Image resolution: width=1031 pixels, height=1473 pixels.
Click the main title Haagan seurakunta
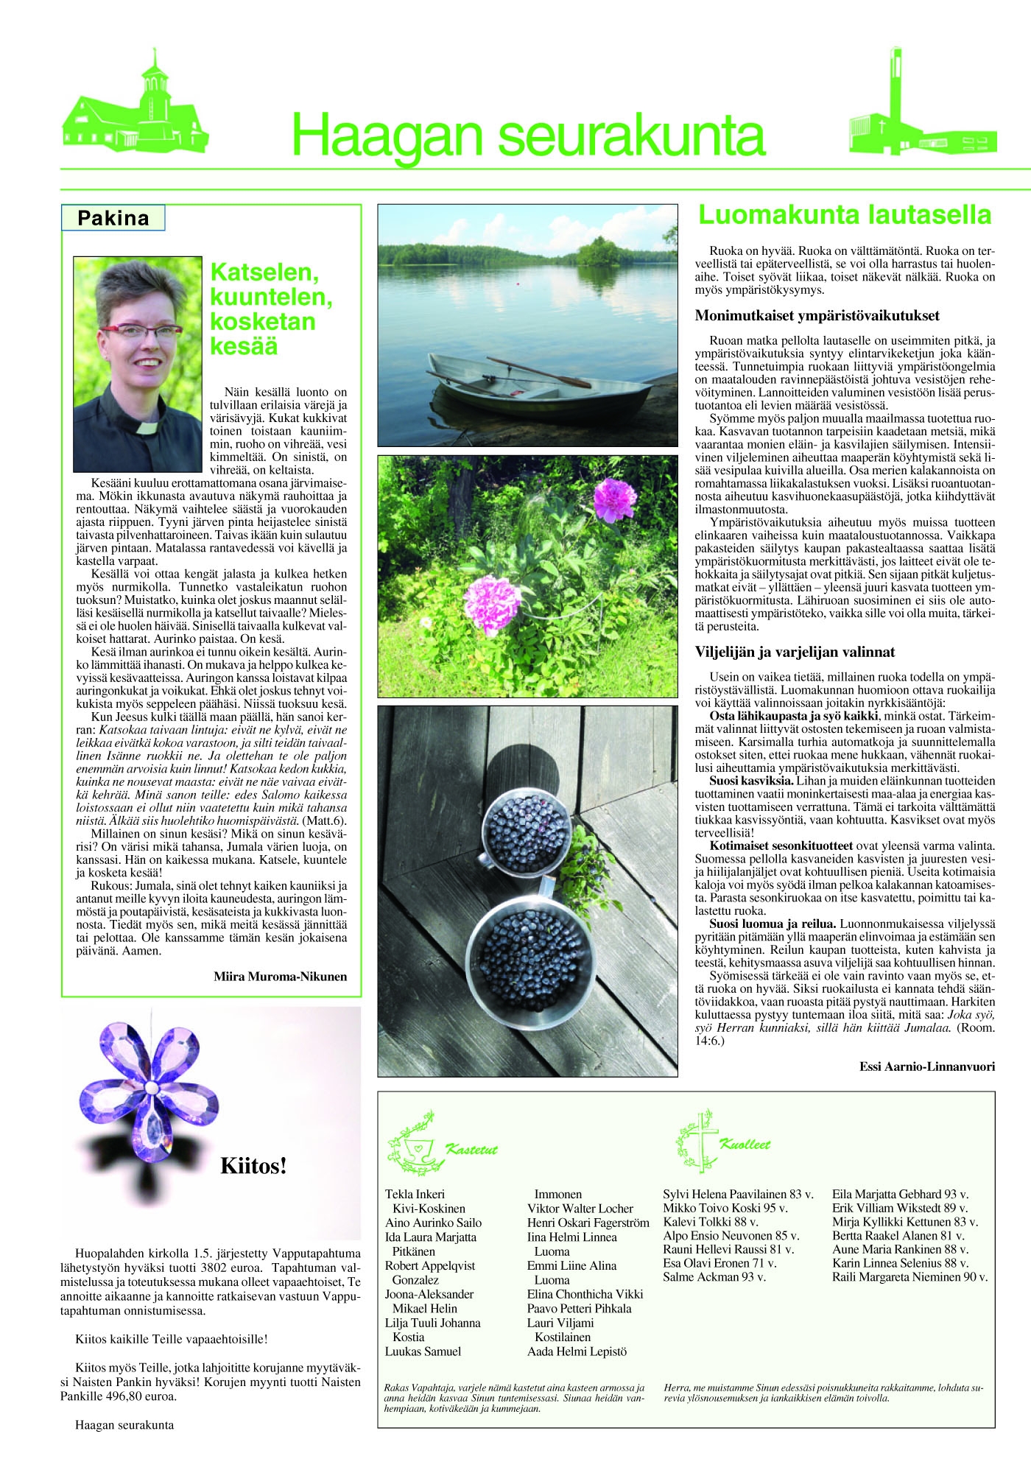pyautogui.click(x=528, y=136)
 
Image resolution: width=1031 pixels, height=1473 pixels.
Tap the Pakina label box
pyautogui.click(x=113, y=218)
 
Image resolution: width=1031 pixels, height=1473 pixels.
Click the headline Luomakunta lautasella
pyautogui.click(x=844, y=215)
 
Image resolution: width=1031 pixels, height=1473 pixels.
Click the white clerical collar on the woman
pyautogui.click(x=147, y=426)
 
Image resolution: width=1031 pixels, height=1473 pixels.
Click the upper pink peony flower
pyautogui.click(x=613, y=499)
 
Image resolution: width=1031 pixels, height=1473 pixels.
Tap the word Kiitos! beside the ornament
pyautogui.click(x=253, y=1165)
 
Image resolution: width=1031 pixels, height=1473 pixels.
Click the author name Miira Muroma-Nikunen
pyautogui.click(x=280, y=977)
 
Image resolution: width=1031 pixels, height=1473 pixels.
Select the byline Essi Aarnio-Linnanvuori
pyautogui.click(x=926, y=1066)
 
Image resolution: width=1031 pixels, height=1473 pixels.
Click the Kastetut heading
pyautogui.click(x=471, y=1149)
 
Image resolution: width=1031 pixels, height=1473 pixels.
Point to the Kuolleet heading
pyautogui.click(x=745, y=1145)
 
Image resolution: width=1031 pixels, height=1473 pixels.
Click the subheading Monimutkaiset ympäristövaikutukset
pyautogui.click(x=817, y=316)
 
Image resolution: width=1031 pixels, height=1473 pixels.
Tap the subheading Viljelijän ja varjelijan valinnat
pyautogui.click(x=795, y=652)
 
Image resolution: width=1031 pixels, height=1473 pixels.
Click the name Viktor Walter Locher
pyautogui.click(x=580, y=1208)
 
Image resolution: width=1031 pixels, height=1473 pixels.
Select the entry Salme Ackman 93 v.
pyautogui.click(x=714, y=1277)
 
